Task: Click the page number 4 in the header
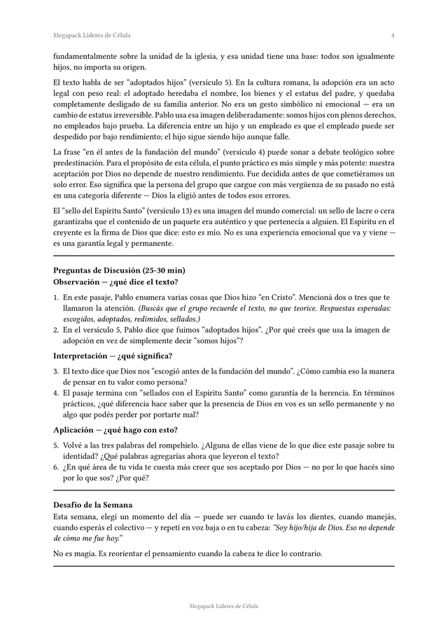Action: tap(393, 35)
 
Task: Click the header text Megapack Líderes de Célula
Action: tap(92, 35)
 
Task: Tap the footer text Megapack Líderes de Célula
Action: tap(224, 605)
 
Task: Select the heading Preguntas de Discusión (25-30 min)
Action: tap(119, 270)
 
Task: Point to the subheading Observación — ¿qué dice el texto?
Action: tap(115, 282)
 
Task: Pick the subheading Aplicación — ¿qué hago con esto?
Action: tap(115, 429)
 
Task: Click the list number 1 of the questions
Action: tap(56, 297)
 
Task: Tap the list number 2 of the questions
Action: tap(56, 329)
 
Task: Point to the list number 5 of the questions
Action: tap(56, 445)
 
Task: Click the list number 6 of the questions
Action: tap(56, 467)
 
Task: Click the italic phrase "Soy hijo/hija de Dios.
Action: tap(300, 528)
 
